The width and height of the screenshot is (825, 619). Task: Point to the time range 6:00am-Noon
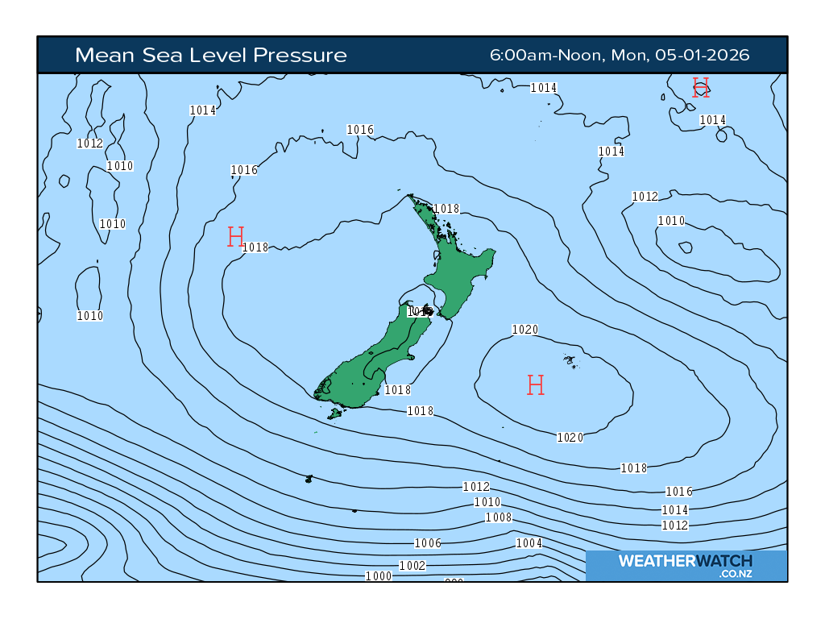(x=547, y=55)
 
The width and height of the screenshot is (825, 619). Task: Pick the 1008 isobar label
(x=498, y=517)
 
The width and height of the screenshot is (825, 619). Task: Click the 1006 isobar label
(x=427, y=543)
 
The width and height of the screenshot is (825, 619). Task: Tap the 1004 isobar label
(x=529, y=543)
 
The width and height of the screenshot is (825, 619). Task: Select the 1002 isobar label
(x=412, y=566)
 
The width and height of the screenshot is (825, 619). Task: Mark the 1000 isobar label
(x=378, y=575)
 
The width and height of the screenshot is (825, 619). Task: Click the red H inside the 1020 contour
(x=536, y=385)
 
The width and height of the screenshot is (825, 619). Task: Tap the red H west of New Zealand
(x=235, y=237)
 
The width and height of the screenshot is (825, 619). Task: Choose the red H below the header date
(x=701, y=88)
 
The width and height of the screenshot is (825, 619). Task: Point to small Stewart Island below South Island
(x=335, y=413)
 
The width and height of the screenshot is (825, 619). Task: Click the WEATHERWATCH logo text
(x=685, y=561)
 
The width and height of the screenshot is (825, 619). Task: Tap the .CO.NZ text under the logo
(x=736, y=574)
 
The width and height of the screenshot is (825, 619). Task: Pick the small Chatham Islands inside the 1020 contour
(x=570, y=360)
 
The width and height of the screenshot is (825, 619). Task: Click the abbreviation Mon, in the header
(x=628, y=55)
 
